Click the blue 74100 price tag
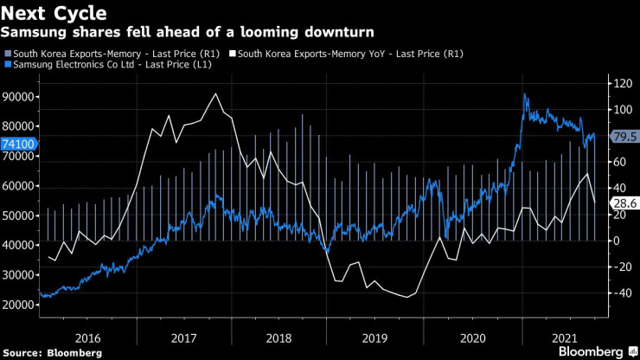pyautogui.click(x=17, y=145)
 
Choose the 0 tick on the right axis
pyautogui.click(x=615, y=241)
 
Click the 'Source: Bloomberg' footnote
pyautogui.click(x=51, y=353)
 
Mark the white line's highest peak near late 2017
pyautogui.click(x=215, y=93)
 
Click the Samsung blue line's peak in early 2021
pyautogui.click(x=525, y=94)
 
